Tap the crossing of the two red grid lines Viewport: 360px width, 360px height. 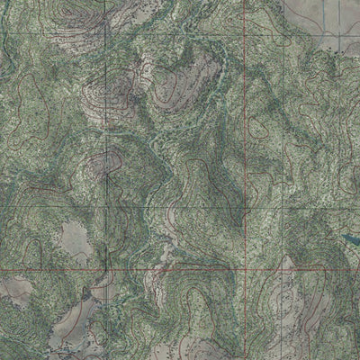click(244, 268)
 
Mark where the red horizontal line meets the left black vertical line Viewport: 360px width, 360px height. click(107, 269)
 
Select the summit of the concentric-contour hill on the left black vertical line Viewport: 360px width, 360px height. click(106, 162)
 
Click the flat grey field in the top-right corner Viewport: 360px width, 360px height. click(324, 18)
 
